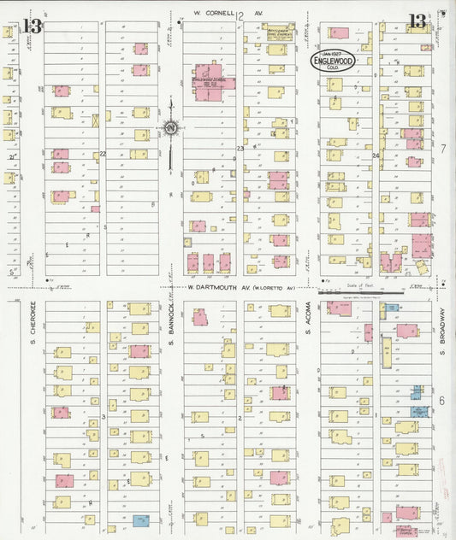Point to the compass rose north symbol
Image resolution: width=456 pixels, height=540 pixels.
170,130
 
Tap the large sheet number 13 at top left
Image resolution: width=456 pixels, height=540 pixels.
33,26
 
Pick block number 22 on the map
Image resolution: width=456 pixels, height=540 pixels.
103,153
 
